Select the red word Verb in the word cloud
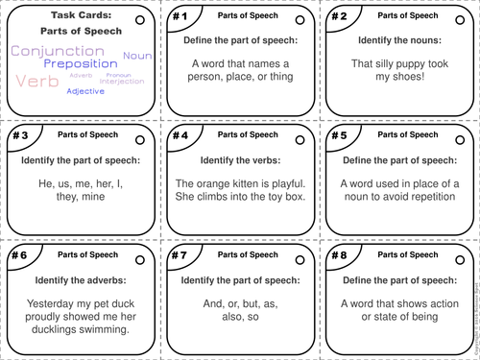[37, 82]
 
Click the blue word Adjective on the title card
[85, 91]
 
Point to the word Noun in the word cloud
[138, 57]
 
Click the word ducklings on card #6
[48, 328]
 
